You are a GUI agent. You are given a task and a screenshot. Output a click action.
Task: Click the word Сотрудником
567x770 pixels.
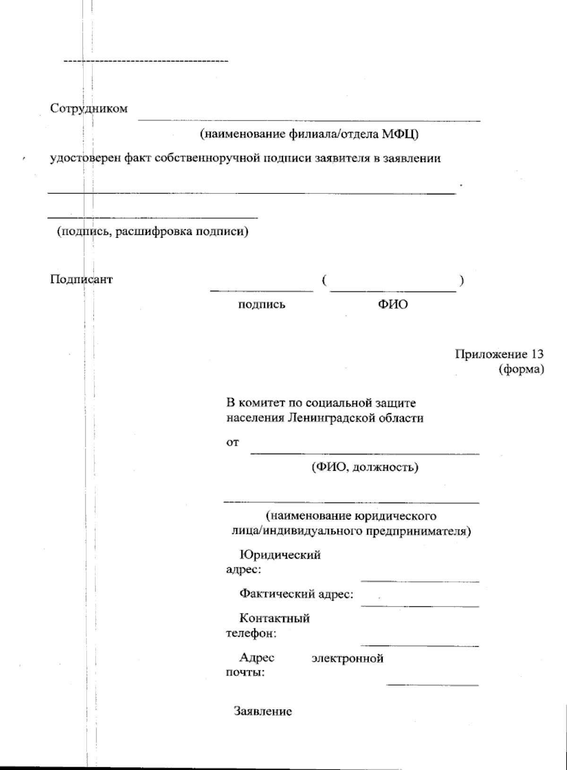click(89, 109)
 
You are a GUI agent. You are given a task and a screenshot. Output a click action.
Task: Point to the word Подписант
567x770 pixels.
click(81, 279)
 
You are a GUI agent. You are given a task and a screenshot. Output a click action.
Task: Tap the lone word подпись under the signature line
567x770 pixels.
click(261, 304)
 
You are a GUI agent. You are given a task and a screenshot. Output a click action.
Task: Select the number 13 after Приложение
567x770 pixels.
click(537, 354)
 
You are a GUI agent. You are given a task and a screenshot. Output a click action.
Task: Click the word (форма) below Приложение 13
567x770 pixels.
click(521, 369)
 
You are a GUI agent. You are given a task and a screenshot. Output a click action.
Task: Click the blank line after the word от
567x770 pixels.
click(364, 453)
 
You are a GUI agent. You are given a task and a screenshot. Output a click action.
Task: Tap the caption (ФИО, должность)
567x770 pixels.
click(364, 467)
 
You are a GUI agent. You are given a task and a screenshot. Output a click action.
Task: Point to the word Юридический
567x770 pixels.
click(280, 554)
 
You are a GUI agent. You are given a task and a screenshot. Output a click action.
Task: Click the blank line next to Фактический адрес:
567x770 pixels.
click(420, 606)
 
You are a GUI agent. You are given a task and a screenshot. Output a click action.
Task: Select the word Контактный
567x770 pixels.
click(275, 618)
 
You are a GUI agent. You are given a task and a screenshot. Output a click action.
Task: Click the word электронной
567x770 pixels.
click(347, 658)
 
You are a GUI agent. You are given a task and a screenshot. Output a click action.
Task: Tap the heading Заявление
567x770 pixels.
click(263, 711)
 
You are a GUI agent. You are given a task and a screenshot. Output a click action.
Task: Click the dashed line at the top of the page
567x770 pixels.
click(146, 61)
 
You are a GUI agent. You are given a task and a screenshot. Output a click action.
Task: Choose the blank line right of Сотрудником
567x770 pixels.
click(309, 121)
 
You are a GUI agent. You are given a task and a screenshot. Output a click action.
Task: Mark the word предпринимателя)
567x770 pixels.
click(419, 531)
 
